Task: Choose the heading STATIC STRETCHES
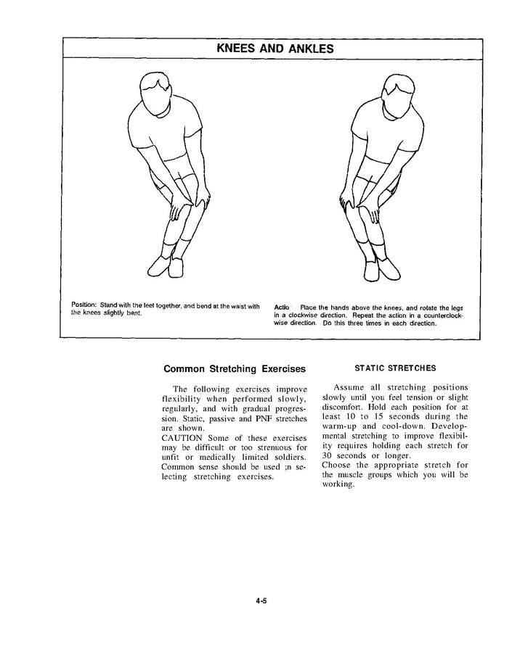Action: click(x=395, y=368)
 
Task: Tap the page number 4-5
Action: click(x=262, y=600)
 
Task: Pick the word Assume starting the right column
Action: click(x=352, y=387)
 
